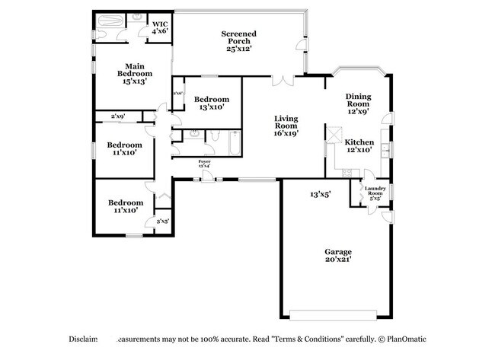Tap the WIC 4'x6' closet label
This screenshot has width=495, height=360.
click(x=159, y=27)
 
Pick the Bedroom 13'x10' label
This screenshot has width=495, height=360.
click(x=211, y=104)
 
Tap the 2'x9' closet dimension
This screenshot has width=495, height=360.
click(x=118, y=116)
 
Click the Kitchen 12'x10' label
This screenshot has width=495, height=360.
click(x=359, y=146)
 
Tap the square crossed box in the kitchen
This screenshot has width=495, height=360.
click(x=334, y=135)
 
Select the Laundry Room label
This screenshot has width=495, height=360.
click(x=374, y=193)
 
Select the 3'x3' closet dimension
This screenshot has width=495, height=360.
click(x=162, y=221)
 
